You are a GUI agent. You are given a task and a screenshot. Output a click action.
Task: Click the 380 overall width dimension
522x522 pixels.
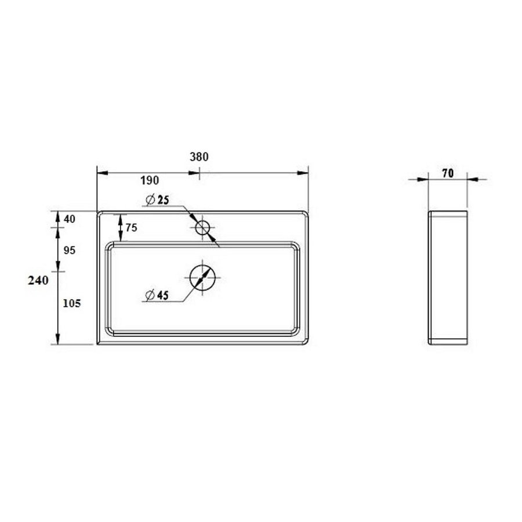[x=198, y=157]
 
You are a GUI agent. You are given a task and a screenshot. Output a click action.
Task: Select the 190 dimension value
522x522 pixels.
[x=149, y=180]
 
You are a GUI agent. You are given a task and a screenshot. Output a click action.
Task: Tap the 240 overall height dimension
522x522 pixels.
[x=38, y=280]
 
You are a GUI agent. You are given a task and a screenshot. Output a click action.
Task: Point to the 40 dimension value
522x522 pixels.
[x=70, y=219]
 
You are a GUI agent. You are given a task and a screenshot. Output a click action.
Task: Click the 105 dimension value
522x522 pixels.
[x=71, y=303]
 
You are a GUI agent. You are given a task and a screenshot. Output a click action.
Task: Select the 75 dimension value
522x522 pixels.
[x=131, y=228]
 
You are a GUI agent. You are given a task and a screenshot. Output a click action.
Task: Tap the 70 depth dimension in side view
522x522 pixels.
[x=447, y=173]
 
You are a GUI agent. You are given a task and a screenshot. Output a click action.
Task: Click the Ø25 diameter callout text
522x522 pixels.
[x=157, y=200]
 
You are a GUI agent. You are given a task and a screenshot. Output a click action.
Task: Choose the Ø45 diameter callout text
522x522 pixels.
[x=157, y=295]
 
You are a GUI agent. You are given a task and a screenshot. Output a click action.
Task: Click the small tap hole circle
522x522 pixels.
[x=202, y=228]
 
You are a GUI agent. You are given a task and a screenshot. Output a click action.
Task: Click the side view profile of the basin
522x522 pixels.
[x=448, y=278]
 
